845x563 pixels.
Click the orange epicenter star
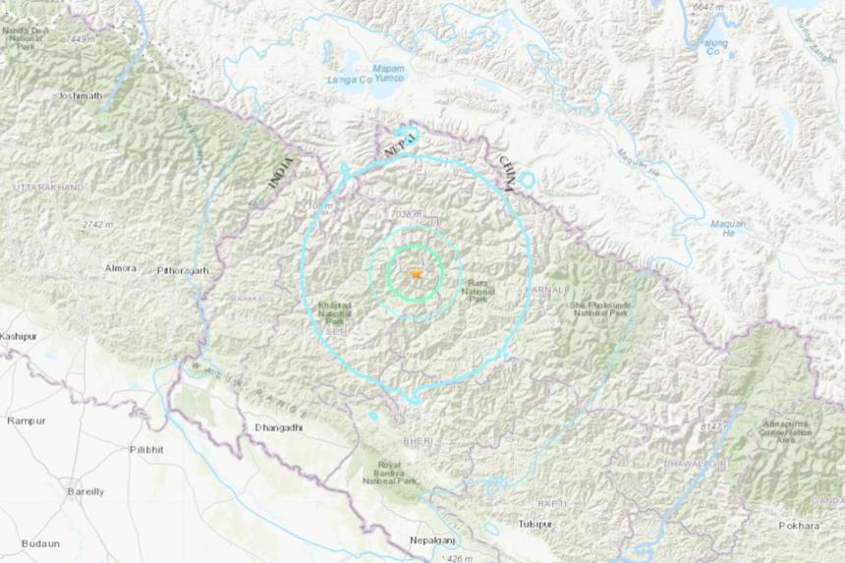(416, 274)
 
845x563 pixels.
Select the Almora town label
(121, 267)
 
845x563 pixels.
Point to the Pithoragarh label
(184, 269)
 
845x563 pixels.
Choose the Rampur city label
(26, 421)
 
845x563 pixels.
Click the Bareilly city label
(85, 490)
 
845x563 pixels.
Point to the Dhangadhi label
(279, 427)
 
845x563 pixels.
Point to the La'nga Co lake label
(350, 78)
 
